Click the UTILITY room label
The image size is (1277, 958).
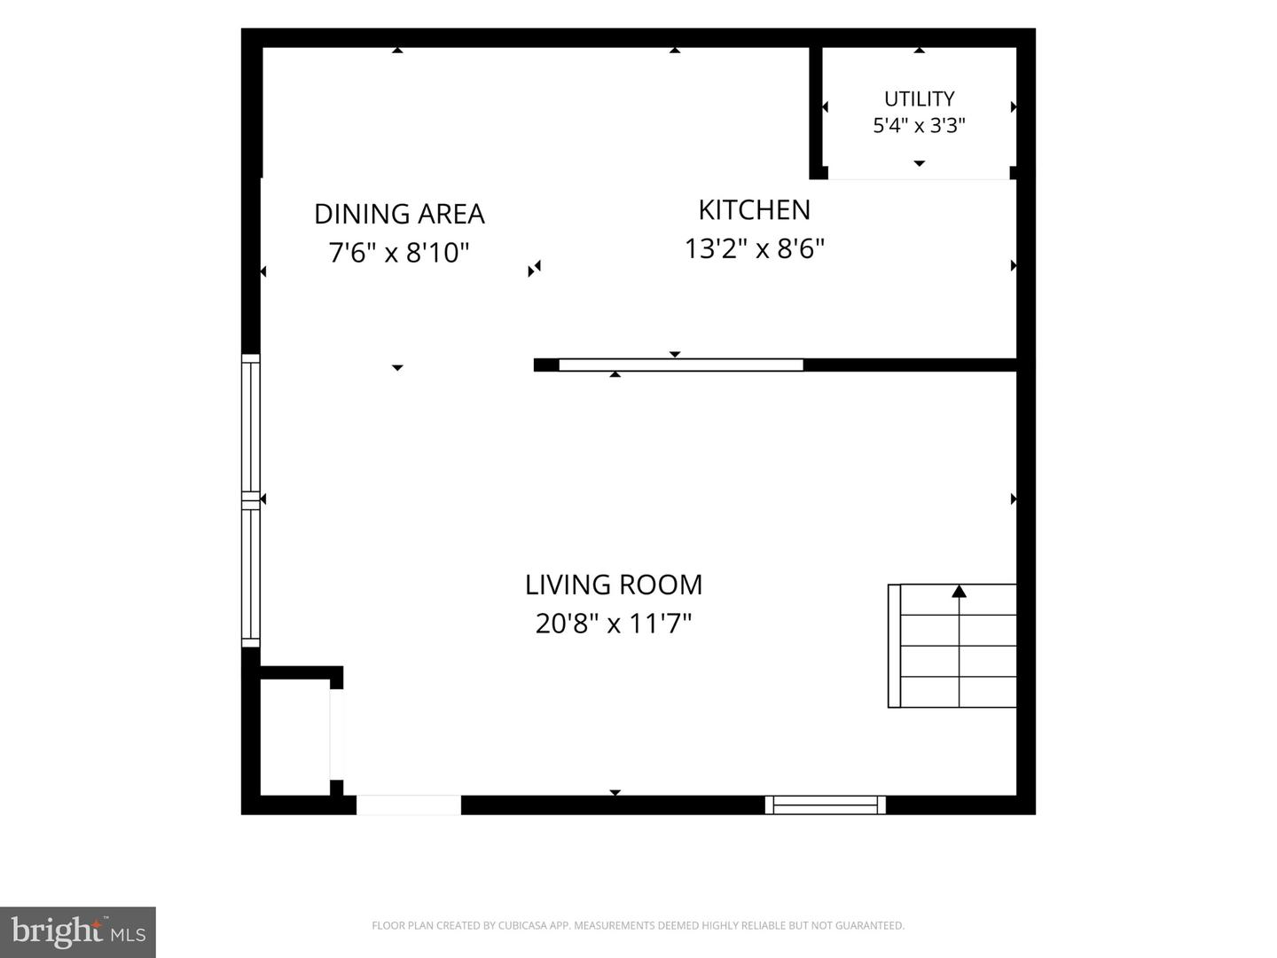pos(919,98)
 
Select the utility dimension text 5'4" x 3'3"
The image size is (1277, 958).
pos(919,125)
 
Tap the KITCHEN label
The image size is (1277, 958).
pos(754,210)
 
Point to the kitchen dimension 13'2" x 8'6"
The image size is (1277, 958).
pos(754,248)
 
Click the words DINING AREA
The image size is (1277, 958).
pos(399,214)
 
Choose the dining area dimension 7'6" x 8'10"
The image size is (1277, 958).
pos(398,253)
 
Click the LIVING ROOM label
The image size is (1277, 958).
pos(613,585)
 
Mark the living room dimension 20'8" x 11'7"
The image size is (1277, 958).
pos(613,624)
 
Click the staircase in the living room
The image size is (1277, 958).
pos(952,646)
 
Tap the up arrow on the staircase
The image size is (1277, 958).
pos(959,592)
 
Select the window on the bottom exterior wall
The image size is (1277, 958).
pos(825,805)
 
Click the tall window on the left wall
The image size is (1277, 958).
pos(251,500)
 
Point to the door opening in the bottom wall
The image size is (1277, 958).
pos(409,805)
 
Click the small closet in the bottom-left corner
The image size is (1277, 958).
pos(295,736)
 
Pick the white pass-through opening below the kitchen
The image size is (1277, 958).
pos(681,365)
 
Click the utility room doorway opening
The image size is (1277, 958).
pos(919,173)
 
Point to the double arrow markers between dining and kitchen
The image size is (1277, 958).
pos(534,269)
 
